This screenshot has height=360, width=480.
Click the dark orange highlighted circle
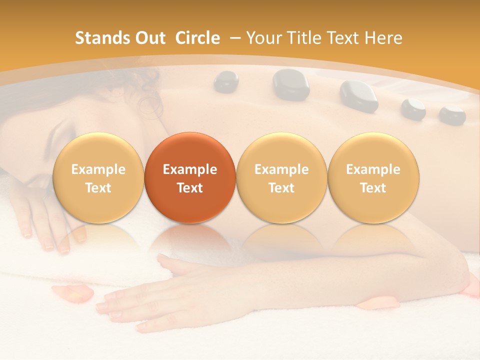190,178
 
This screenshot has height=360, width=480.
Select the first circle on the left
98,178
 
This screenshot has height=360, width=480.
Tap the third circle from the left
281,178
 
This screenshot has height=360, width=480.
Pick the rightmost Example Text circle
373,178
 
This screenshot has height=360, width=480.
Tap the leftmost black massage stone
226,81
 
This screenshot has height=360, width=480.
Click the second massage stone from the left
290,84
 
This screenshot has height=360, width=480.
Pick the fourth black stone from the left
413,108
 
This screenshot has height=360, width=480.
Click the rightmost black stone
452,114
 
